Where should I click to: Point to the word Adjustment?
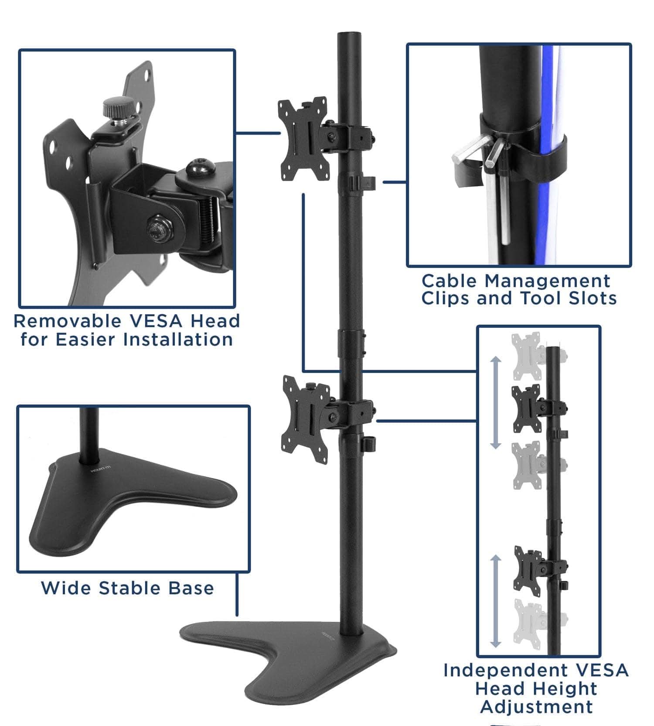click(x=536, y=707)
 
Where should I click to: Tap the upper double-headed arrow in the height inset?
click(x=495, y=402)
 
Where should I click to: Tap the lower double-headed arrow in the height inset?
click(x=495, y=601)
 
